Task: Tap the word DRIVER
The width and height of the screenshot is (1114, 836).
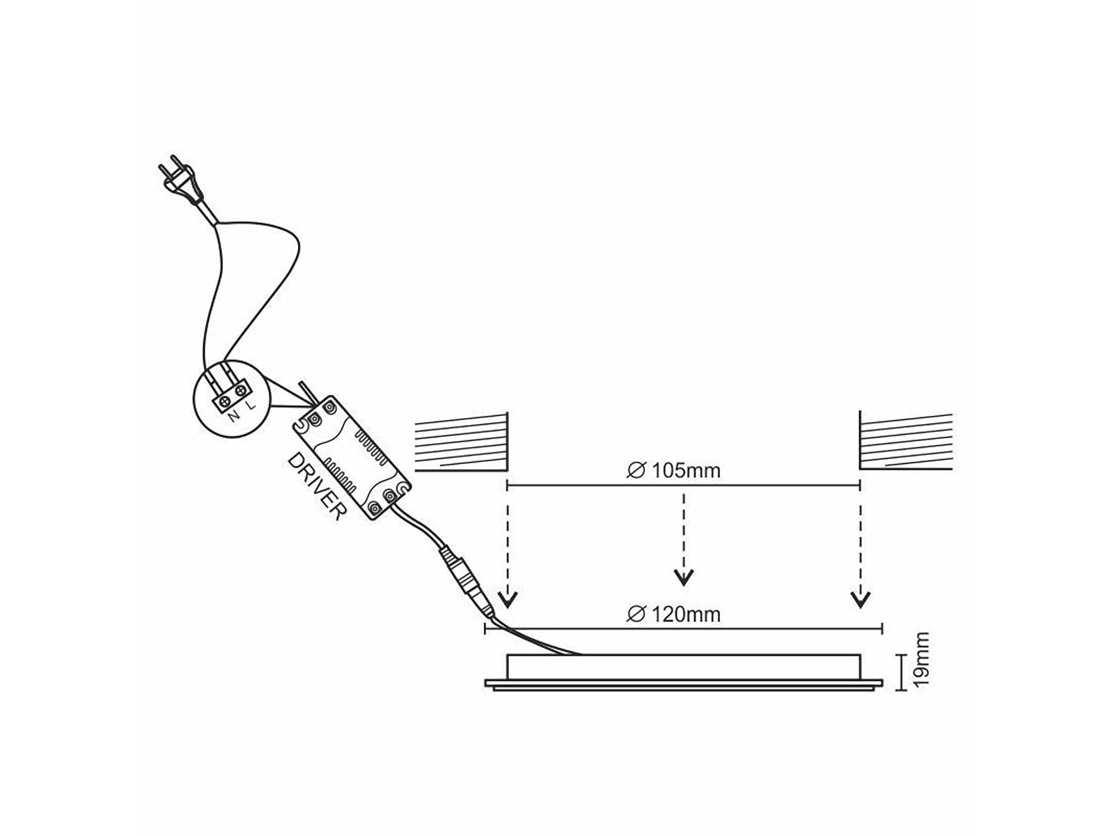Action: pyautogui.click(x=316, y=486)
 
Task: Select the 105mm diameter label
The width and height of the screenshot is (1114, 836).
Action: pyautogui.click(x=673, y=470)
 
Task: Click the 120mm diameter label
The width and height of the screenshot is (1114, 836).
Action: pyautogui.click(x=673, y=614)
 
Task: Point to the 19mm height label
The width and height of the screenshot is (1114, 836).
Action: pyautogui.click(x=920, y=659)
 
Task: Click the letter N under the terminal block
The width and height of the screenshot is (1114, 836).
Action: pyautogui.click(x=233, y=416)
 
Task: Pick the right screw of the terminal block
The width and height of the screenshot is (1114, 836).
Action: pyautogui.click(x=241, y=390)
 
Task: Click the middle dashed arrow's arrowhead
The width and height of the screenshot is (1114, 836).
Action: pyautogui.click(x=684, y=577)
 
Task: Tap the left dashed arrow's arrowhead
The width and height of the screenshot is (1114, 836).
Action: pyautogui.click(x=508, y=599)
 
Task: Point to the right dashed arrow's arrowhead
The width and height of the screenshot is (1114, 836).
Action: pyautogui.click(x=860, y=599)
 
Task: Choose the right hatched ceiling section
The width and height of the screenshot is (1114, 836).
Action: pyautogui.click(x=905, y=440)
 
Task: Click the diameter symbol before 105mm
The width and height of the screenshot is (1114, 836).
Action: pyautogui.click(x=636, y=471)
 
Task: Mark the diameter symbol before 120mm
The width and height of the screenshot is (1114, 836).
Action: pyautogui.click(x=636, y=615)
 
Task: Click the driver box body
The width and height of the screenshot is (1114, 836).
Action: pyautogui.click(x=351, y=458)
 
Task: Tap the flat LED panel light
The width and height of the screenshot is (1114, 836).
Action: pyautogui.click(x=684, y=672)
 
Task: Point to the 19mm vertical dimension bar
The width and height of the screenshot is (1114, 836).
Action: pyautogui.click(x=902, y=672)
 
